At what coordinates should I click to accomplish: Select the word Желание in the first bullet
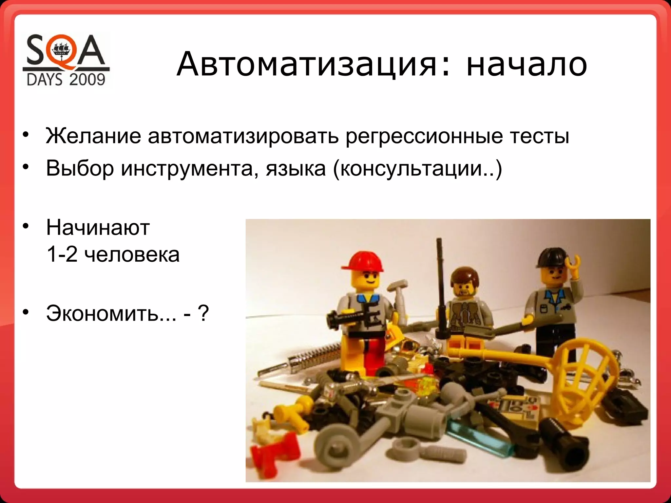[x=93, y=136]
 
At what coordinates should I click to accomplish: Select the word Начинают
[x=98, y=228]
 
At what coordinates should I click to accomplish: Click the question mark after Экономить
[x=203, y=313]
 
